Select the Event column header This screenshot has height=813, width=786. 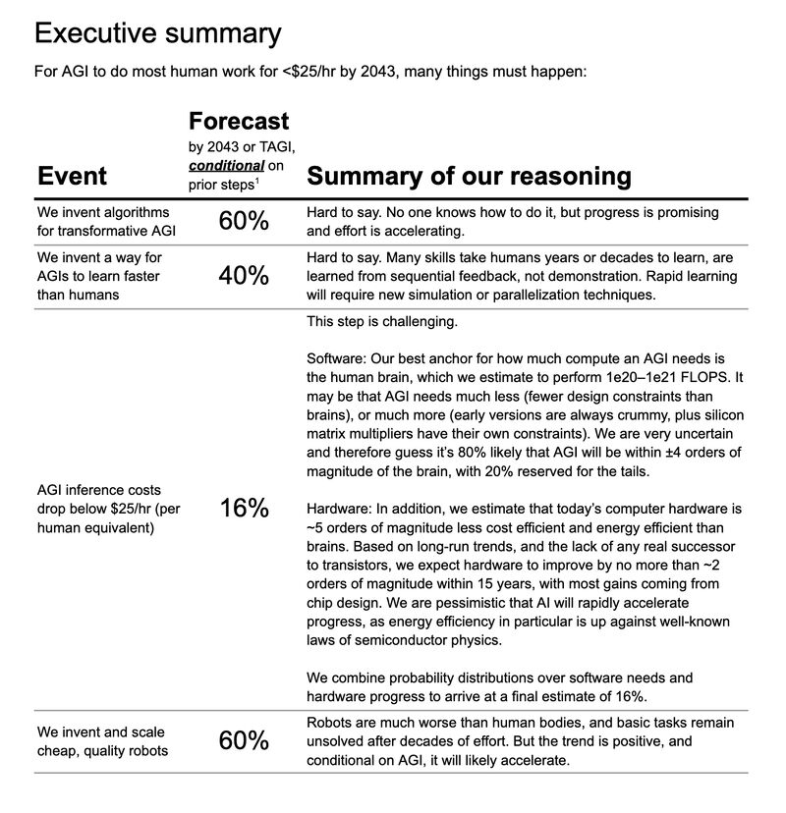(x=72, y=176)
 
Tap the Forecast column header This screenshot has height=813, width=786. (x=239, y=121)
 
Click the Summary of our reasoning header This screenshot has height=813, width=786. (x=469, y=176)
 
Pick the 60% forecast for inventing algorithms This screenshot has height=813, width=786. (x=244, y=222)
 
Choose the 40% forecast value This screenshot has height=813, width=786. (x=244, y=277)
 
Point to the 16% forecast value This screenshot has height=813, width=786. (x=244, y=508)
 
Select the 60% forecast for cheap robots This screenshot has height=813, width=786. (x=244, y=740)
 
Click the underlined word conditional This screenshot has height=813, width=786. (x=226, y=165)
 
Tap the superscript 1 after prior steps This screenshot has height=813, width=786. (x=259, y=181)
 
